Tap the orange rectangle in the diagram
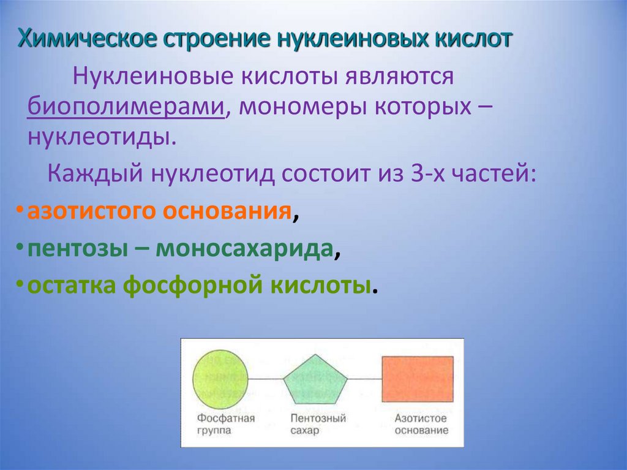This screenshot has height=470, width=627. pos(417,379)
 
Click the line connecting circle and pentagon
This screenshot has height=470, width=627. pos(266,380)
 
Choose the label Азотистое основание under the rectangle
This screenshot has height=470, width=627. pos(421,424)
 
